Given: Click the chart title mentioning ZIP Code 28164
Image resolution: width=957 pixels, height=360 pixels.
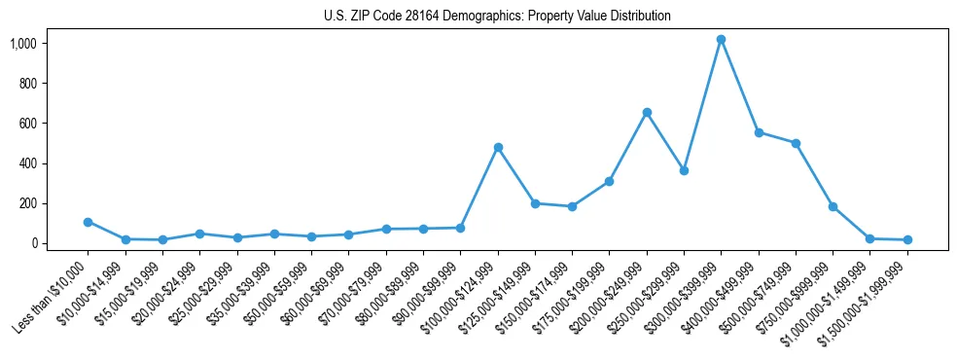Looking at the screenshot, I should point(497,17).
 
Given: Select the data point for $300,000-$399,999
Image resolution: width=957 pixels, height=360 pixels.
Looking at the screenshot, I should point(721,40).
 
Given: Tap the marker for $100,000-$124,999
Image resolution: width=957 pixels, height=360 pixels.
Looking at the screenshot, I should point(498,147).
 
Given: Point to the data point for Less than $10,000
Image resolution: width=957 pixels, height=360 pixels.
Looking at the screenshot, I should point(88,222).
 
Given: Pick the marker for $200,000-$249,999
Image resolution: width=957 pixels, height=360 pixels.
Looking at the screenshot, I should point(647,113).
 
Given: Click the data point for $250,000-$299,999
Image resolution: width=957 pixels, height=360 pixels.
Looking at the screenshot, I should point(684,170).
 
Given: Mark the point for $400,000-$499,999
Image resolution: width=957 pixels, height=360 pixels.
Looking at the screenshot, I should point(759,132).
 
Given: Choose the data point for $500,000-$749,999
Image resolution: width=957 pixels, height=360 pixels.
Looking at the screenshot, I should point(796,143).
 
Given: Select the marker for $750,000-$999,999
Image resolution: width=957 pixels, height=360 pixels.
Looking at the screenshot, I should point(833,206).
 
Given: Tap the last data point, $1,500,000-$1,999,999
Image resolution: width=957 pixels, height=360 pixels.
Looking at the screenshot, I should point(907,239).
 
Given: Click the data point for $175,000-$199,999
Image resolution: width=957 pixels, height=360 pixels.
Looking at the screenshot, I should point(609,181).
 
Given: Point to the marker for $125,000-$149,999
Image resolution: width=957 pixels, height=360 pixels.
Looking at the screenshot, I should point(535,203).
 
